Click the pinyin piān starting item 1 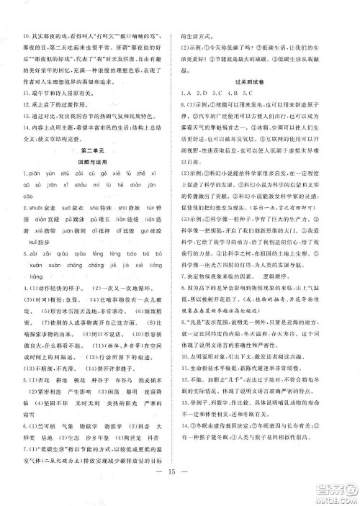[x=32, y=175]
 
